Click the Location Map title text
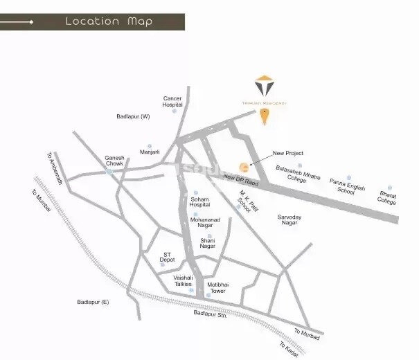pos(109,21)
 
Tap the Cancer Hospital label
pos(172,102)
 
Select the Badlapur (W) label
pos(134,116)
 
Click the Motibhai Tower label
pos(218,287)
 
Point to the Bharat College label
pos(387,197)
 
